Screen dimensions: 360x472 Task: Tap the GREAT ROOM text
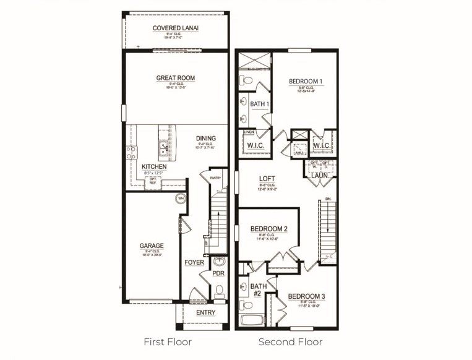point(176,78)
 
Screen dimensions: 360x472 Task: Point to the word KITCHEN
point(154,167)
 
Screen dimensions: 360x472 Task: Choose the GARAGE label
point(152,245)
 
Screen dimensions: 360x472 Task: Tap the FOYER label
point(194,263)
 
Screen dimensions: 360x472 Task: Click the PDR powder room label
point(218,273)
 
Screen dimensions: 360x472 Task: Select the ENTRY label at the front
point(205,312)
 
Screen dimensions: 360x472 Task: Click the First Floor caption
point(168,341)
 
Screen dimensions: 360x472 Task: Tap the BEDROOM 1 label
point(306,82)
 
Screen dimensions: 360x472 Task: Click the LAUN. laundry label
point(319,176)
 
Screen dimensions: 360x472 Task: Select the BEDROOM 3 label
point(306,296)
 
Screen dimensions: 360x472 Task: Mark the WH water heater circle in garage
point(181,199)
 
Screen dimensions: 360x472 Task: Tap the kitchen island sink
point(164,148)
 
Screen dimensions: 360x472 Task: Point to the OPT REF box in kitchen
point(152,181)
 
